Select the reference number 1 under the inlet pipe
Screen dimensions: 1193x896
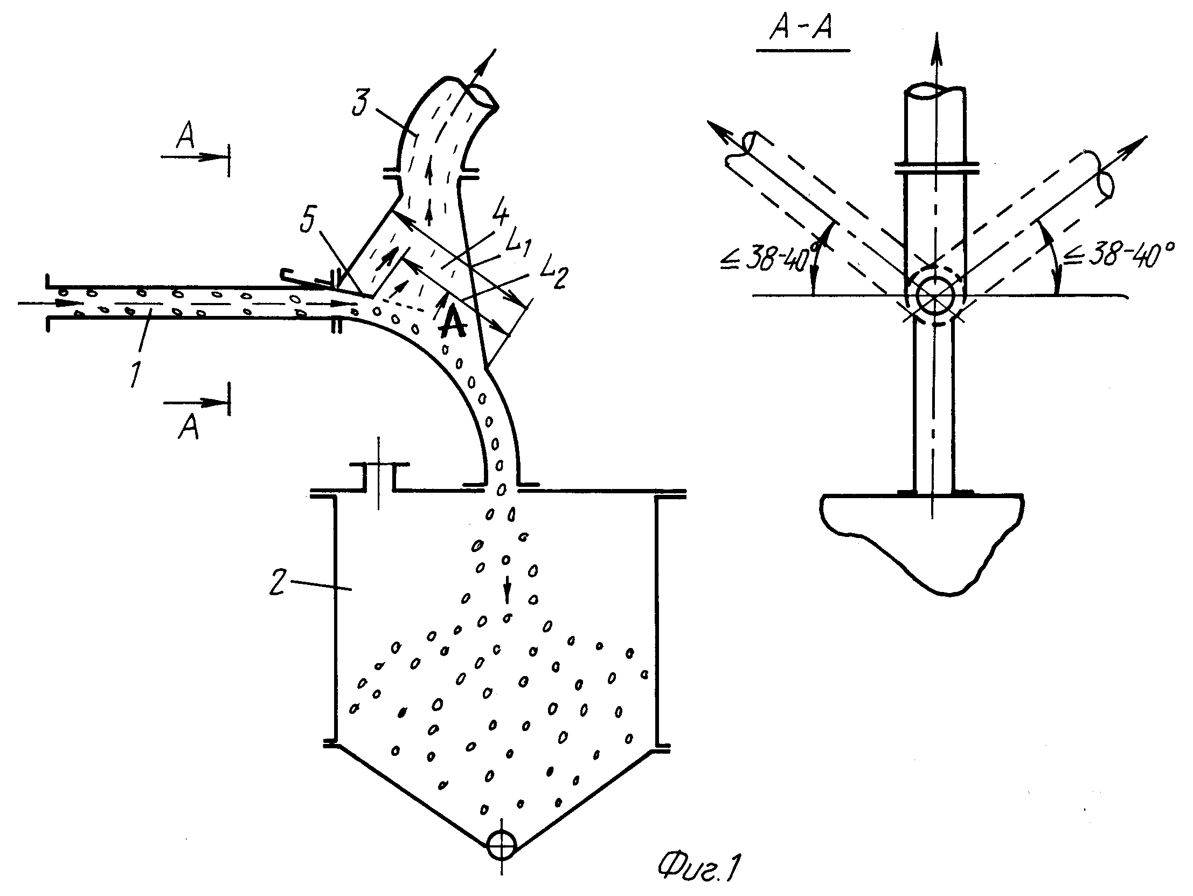point(136,374)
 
